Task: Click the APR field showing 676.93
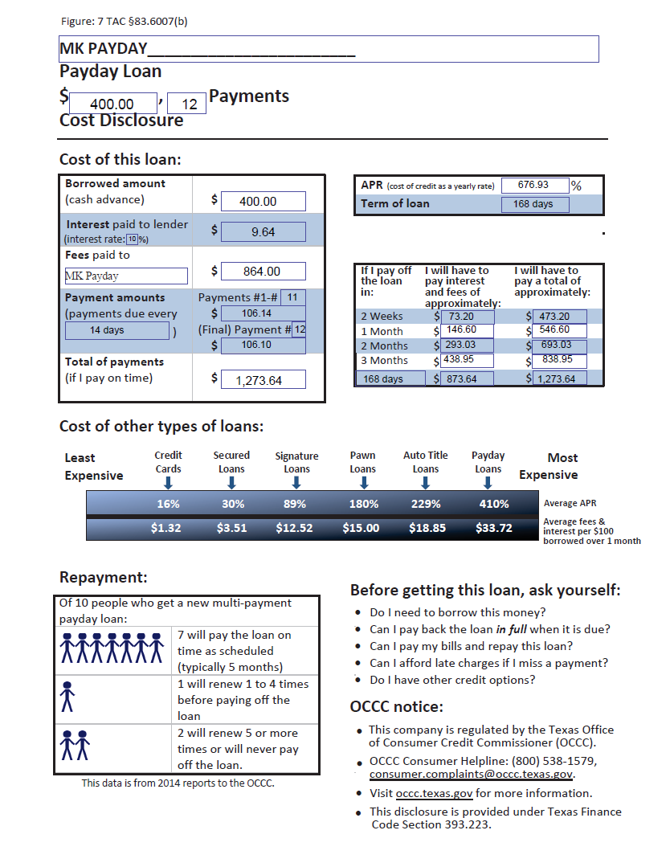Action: [534, 185]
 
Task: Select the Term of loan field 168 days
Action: [533, 204]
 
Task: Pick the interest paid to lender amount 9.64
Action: [263, 231]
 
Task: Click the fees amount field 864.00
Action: [263, 272]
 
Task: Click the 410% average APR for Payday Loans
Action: [493, 504]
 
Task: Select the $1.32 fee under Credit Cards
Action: [166, 528]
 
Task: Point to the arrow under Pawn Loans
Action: [363, 483]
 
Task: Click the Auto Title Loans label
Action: [425, 462]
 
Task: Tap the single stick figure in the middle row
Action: [67, 697]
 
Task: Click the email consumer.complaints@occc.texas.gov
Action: [472, 775]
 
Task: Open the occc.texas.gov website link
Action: [434, 793]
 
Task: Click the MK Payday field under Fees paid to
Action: [126, 276]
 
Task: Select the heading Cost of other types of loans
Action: [161, 426]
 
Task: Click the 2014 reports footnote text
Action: [178, 783]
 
